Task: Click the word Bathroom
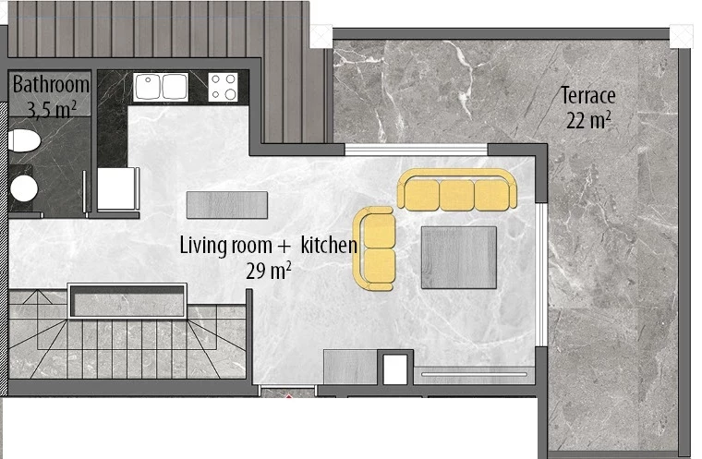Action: pos(51,85)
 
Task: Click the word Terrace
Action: pos(587,95)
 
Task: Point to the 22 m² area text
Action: pos(587,118)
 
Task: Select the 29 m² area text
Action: pos(269,270)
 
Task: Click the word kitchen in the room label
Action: pos(329,246)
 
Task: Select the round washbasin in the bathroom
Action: pos(23,188)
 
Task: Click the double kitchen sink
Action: pos(162,87)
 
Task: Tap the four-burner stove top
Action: pos(223,87)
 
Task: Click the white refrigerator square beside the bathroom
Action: pos(117,188)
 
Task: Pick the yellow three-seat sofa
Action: pos(457,190)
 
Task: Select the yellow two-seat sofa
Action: pos(377,248)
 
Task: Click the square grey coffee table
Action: pos(458,257)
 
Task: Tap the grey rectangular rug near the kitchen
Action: pos(226,203)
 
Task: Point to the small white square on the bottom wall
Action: pos(394,368)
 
